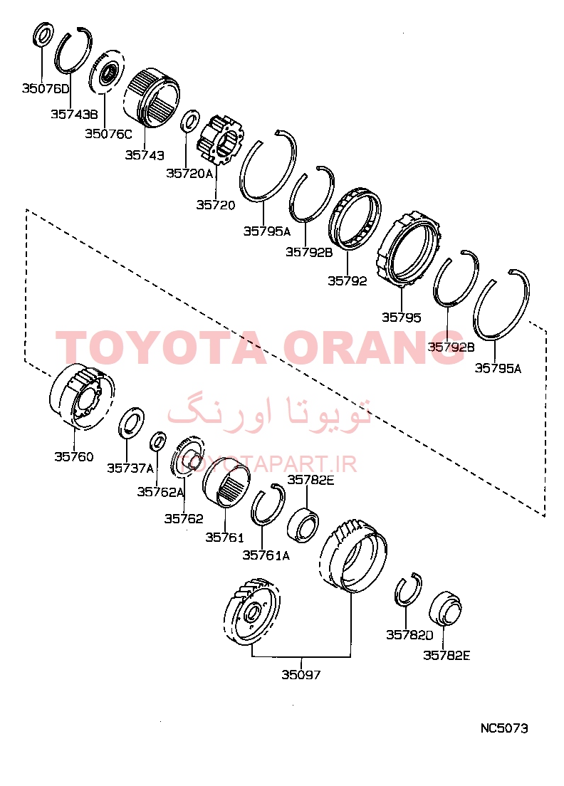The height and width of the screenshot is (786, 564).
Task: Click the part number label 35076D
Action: tap(46, 89)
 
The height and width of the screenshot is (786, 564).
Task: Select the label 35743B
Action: tap(74, 115)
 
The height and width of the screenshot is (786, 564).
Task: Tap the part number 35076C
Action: tap(108, 134)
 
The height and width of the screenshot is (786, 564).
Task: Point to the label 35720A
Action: tap(189, 174)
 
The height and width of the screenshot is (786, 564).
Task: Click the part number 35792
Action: tap(348, 281)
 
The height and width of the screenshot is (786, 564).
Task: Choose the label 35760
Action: tap(74, 456)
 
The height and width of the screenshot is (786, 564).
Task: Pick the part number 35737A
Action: tap(130, 468)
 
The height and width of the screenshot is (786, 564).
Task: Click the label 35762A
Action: tap(161, 492)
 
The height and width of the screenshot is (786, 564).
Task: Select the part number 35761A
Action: tap(266, 555)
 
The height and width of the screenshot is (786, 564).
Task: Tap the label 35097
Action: tap(301, 675)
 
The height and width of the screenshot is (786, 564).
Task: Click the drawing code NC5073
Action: tap(504, 728)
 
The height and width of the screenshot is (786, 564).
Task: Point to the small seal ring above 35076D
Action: tap(43, 35)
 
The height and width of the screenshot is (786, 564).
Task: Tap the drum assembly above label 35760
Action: tap(82, 396)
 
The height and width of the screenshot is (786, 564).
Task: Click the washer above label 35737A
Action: tap(131, 423)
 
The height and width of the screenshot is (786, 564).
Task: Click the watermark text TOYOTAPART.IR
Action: tap(269, 464)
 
